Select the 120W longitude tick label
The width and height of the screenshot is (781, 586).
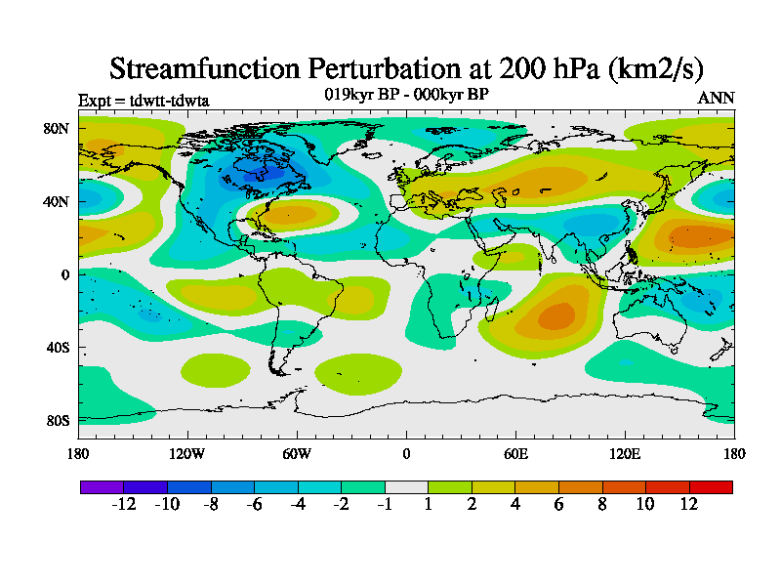(x=187, y=453)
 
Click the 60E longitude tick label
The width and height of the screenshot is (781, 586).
(x=515, y=453)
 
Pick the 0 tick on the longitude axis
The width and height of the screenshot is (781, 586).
(x=406, y=453)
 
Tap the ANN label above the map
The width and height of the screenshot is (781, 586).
(x=716, y=98)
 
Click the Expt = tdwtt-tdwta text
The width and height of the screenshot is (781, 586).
(x=144, y=100)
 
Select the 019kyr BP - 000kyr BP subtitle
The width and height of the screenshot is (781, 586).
(x=406, y=94)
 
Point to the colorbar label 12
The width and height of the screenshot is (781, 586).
(x=689, y=504)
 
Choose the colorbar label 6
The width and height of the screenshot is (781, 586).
(x=559, y=504)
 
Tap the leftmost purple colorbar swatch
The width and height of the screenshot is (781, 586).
(x=102, y=486)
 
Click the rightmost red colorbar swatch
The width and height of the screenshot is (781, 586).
(x=711, y=486)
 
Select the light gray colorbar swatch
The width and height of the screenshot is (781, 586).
(x=406, y=486)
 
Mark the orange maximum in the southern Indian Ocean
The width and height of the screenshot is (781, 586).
(x=556, y=316)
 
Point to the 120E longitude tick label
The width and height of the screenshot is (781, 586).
(x=625, y=453)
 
